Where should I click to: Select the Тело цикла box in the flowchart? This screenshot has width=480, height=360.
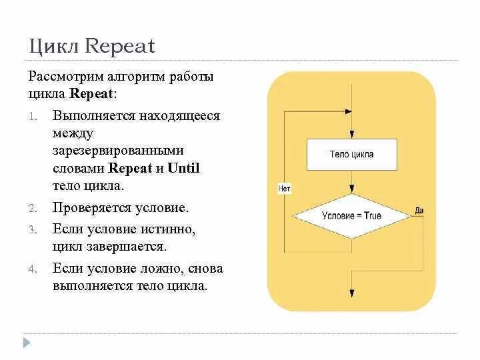351,155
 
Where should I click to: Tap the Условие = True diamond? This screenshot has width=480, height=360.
351,216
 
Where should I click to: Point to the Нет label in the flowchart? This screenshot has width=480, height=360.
283,189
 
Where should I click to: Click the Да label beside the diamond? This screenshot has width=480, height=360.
419,211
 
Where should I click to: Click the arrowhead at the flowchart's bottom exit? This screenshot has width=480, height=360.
351,293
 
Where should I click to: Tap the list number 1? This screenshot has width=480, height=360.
32,117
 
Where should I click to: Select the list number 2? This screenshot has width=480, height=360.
32,208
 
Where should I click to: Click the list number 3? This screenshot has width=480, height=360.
32,229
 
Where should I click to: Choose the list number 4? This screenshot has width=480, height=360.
32,269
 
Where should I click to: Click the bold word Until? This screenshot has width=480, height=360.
183,168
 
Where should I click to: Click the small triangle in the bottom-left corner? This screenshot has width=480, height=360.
27,343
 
